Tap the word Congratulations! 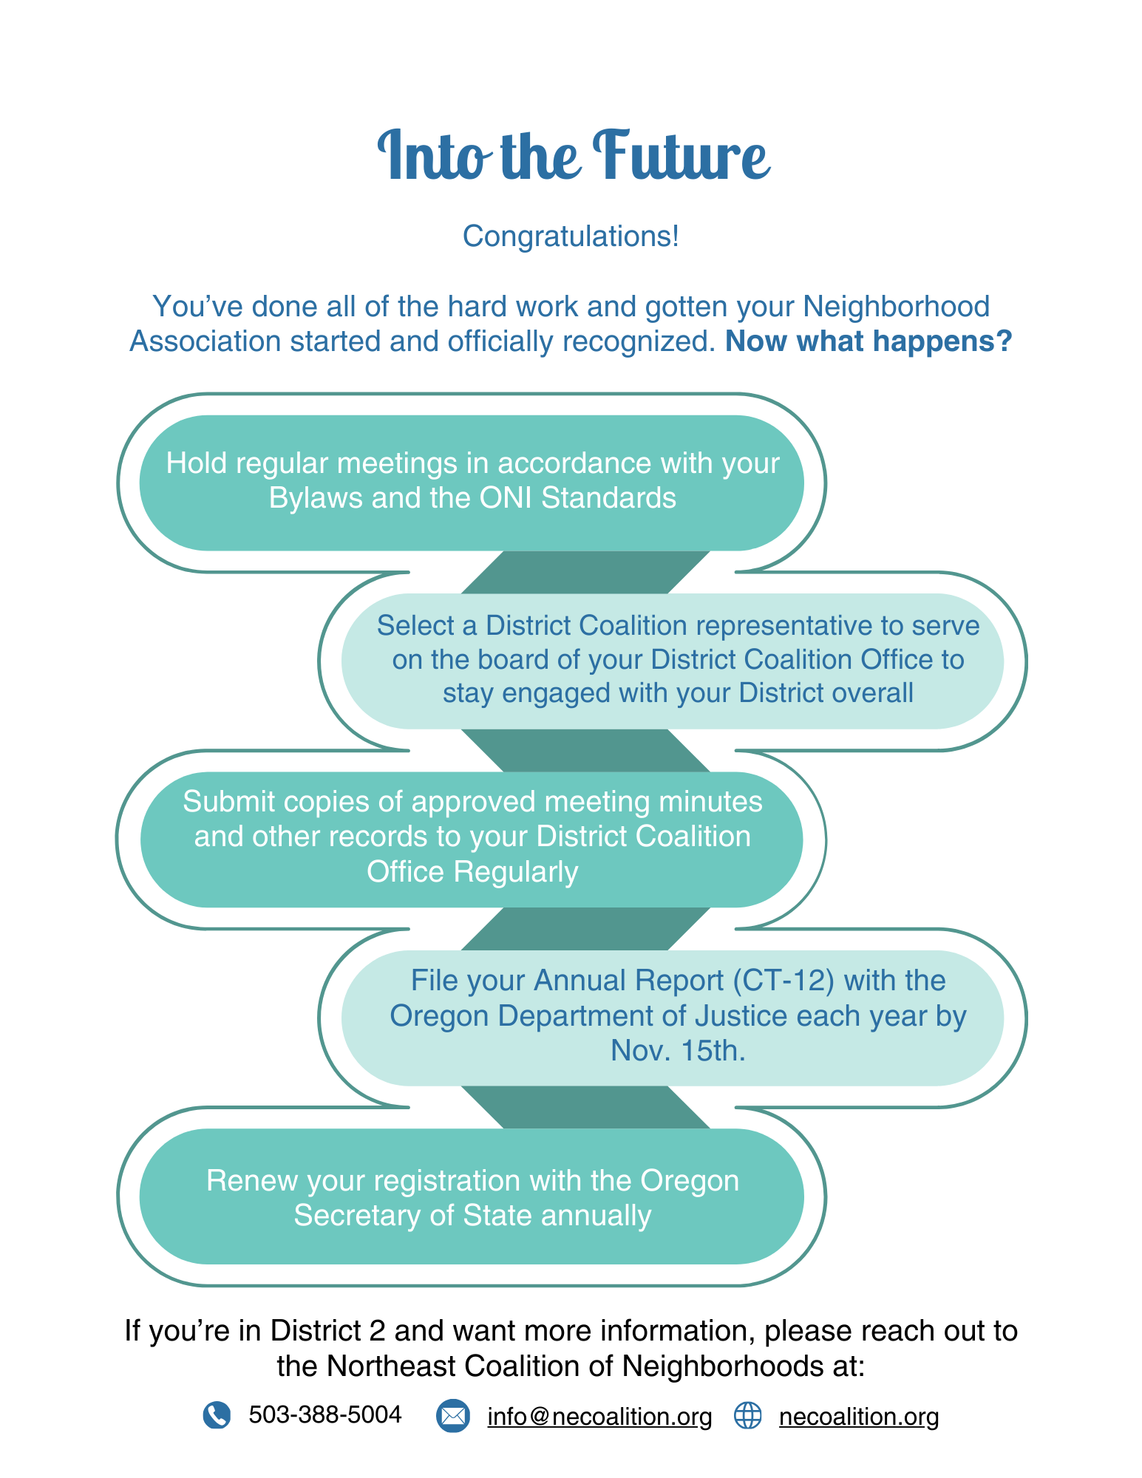(x=571, y=236)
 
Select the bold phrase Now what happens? (x=868, y=341)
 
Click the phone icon (x=217, y=1415)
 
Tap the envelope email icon (x=452, y=1416)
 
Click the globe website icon (x=747, y=1416)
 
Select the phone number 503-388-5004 (x=325, y=1414)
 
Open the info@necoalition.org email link (x=599, y=1417)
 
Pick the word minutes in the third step (x=710, y=802)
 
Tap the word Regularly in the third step (x=515, y=872)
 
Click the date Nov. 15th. (x=678, y=1051)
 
